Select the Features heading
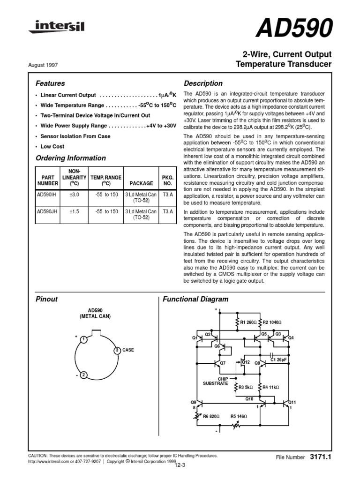click(x=50, y=83)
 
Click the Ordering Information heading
click(x=71, y=158)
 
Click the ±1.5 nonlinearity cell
click(x=75, y=211)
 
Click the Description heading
click(x=203, y=83)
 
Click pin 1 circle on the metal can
click(x=82, y=339)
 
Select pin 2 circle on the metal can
click(x=82, y=375)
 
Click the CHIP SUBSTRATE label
click(x=215, y=381)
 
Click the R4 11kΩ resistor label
click(x=271, y=387)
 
